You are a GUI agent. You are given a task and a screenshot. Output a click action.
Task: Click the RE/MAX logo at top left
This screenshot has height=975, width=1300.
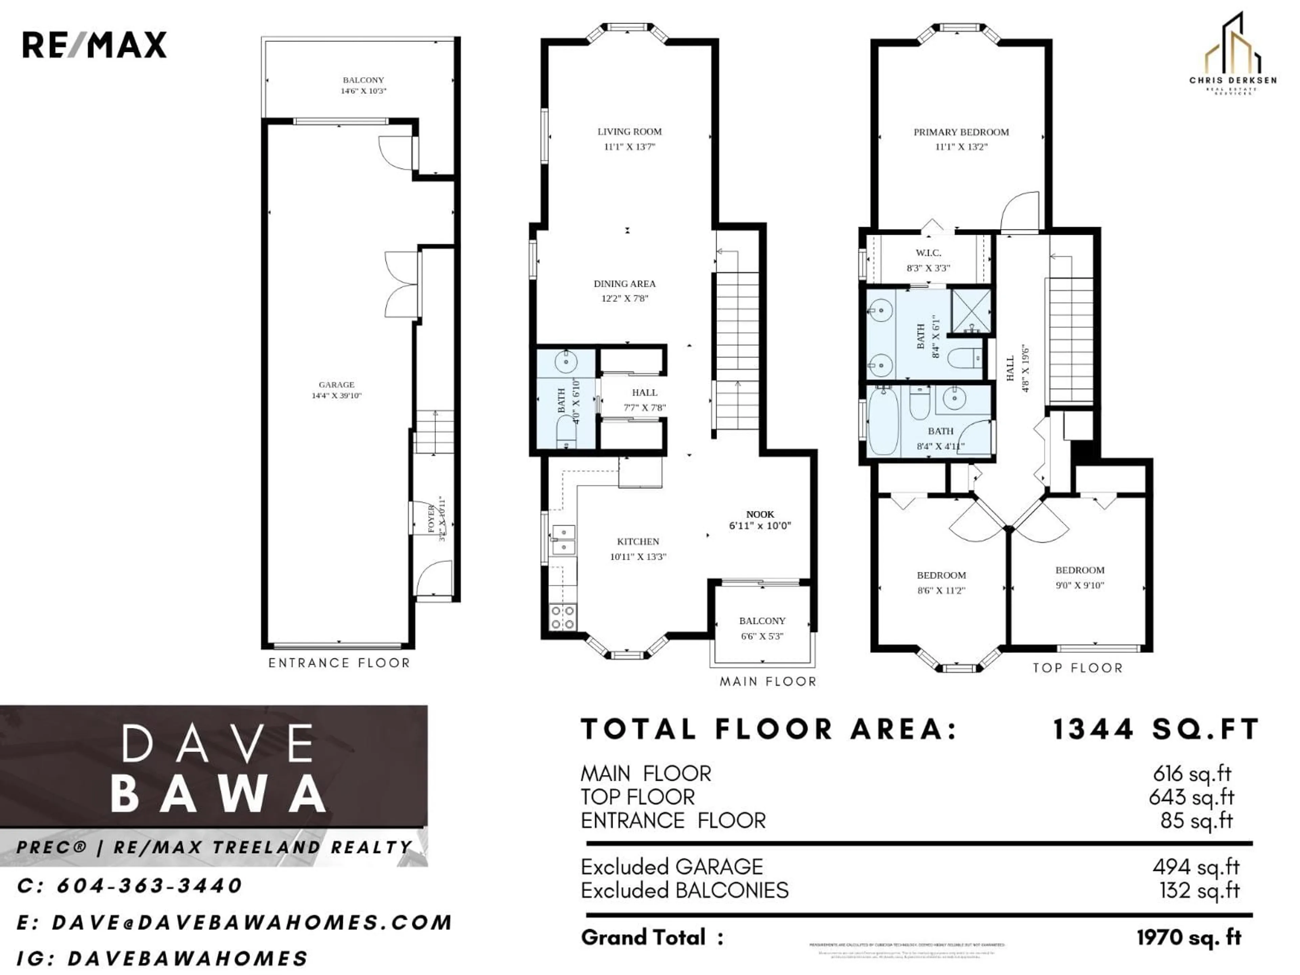click(94, 45)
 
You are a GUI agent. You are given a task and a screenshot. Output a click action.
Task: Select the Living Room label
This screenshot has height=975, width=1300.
click(629, 132)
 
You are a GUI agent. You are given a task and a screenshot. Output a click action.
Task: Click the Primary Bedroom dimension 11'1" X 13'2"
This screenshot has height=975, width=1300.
click(961, 147)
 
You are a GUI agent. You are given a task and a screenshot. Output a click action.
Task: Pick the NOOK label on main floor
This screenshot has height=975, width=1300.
click(760, 514)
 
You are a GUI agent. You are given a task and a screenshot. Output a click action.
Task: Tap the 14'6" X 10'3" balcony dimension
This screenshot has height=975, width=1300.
click(363, 91)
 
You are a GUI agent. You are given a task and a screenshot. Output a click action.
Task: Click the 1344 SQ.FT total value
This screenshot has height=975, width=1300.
click(1155, 729)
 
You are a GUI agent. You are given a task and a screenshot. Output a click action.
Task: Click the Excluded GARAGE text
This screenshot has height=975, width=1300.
click(672, 867)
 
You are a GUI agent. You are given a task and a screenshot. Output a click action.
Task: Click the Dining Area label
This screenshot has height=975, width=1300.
click(624, 284)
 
